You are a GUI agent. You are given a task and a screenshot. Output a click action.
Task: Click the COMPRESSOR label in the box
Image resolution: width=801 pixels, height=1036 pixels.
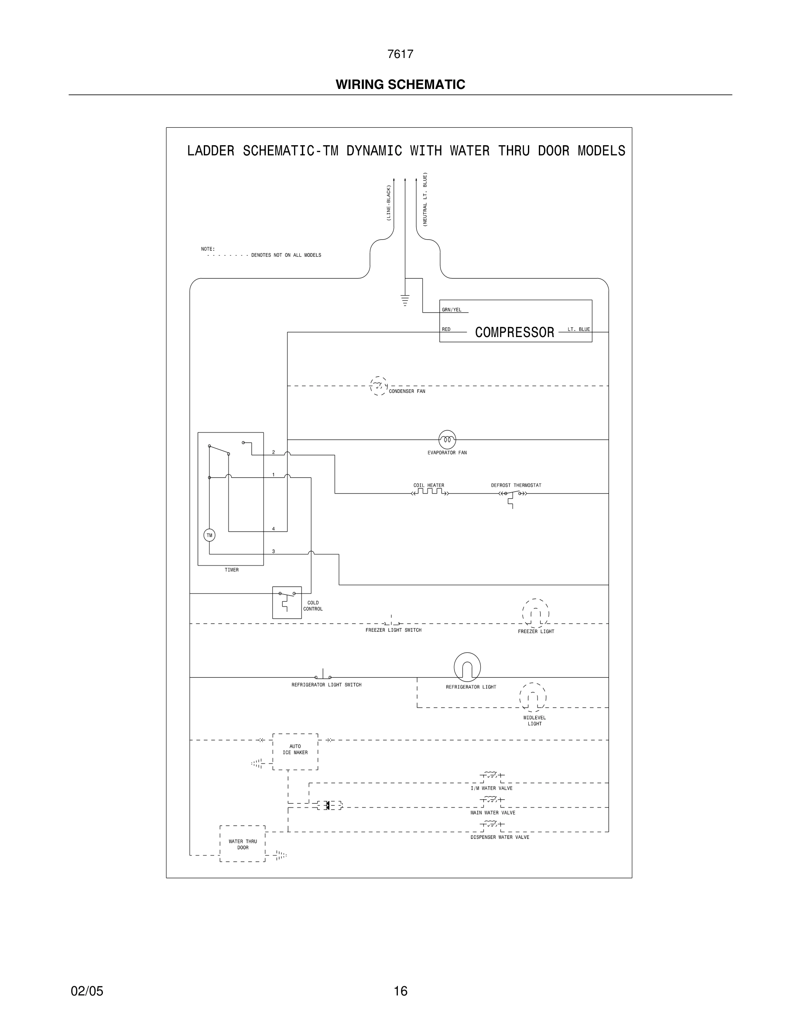(514, 333)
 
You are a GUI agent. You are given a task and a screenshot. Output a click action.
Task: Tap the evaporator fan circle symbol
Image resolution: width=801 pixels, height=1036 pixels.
(447, 440)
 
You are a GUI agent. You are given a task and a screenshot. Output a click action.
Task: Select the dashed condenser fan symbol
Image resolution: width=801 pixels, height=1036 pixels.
(378, 386)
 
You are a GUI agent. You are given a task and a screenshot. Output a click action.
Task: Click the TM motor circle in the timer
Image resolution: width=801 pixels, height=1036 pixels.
(209, 535)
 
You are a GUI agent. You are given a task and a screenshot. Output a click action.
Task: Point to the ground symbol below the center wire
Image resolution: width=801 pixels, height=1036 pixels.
(405, 300)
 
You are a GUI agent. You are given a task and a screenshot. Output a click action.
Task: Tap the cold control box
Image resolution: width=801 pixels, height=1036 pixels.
(287, 602)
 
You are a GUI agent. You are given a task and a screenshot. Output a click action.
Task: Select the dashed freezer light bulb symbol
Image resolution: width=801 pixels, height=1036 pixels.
(535, 613)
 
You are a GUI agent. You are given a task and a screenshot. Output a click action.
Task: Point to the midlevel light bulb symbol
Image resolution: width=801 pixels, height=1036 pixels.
(532, 697)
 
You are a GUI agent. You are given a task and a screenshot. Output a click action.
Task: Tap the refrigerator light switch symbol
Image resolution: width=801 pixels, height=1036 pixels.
(323, 676)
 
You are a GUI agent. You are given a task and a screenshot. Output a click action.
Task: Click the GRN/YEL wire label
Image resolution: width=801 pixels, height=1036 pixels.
(451, 310)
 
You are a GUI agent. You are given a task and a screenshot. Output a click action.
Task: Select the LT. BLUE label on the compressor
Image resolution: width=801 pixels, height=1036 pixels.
(578, 329)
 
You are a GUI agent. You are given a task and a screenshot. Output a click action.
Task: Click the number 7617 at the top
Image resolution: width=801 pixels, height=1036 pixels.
(400, 54)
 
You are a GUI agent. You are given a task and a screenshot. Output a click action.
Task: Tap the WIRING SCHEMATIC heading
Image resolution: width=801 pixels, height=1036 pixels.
(400, 85)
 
